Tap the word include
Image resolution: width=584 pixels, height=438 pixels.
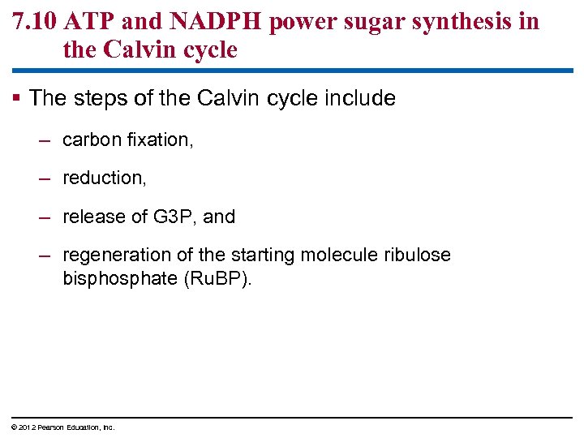(x=360, y=99)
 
